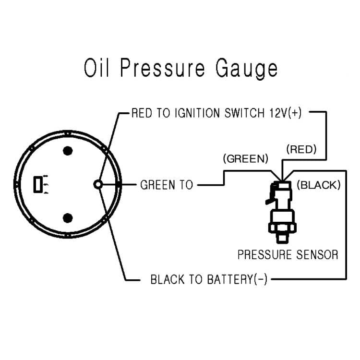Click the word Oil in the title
(x=96, y=68)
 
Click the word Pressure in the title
(x=163, y=68)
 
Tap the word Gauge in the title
(x=247, y=69)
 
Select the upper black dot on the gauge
(x=68, y=151)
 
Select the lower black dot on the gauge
(x=68, y=218)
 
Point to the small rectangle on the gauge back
(x=38, y=184)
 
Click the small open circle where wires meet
(x=98, y=184)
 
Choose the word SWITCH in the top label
(x=244, y=113)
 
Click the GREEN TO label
(x=167, y=185)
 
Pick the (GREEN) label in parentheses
(x=245, y=159)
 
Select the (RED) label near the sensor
(x=301, y=149)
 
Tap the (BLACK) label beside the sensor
(x=319, y=185)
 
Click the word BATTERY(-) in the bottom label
(x=237, y=279)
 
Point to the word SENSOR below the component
(x=317, y=254)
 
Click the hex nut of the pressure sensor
(x=282, y=228)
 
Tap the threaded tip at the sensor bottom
(x=282, y=238)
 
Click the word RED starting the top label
(x=142, y=113)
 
